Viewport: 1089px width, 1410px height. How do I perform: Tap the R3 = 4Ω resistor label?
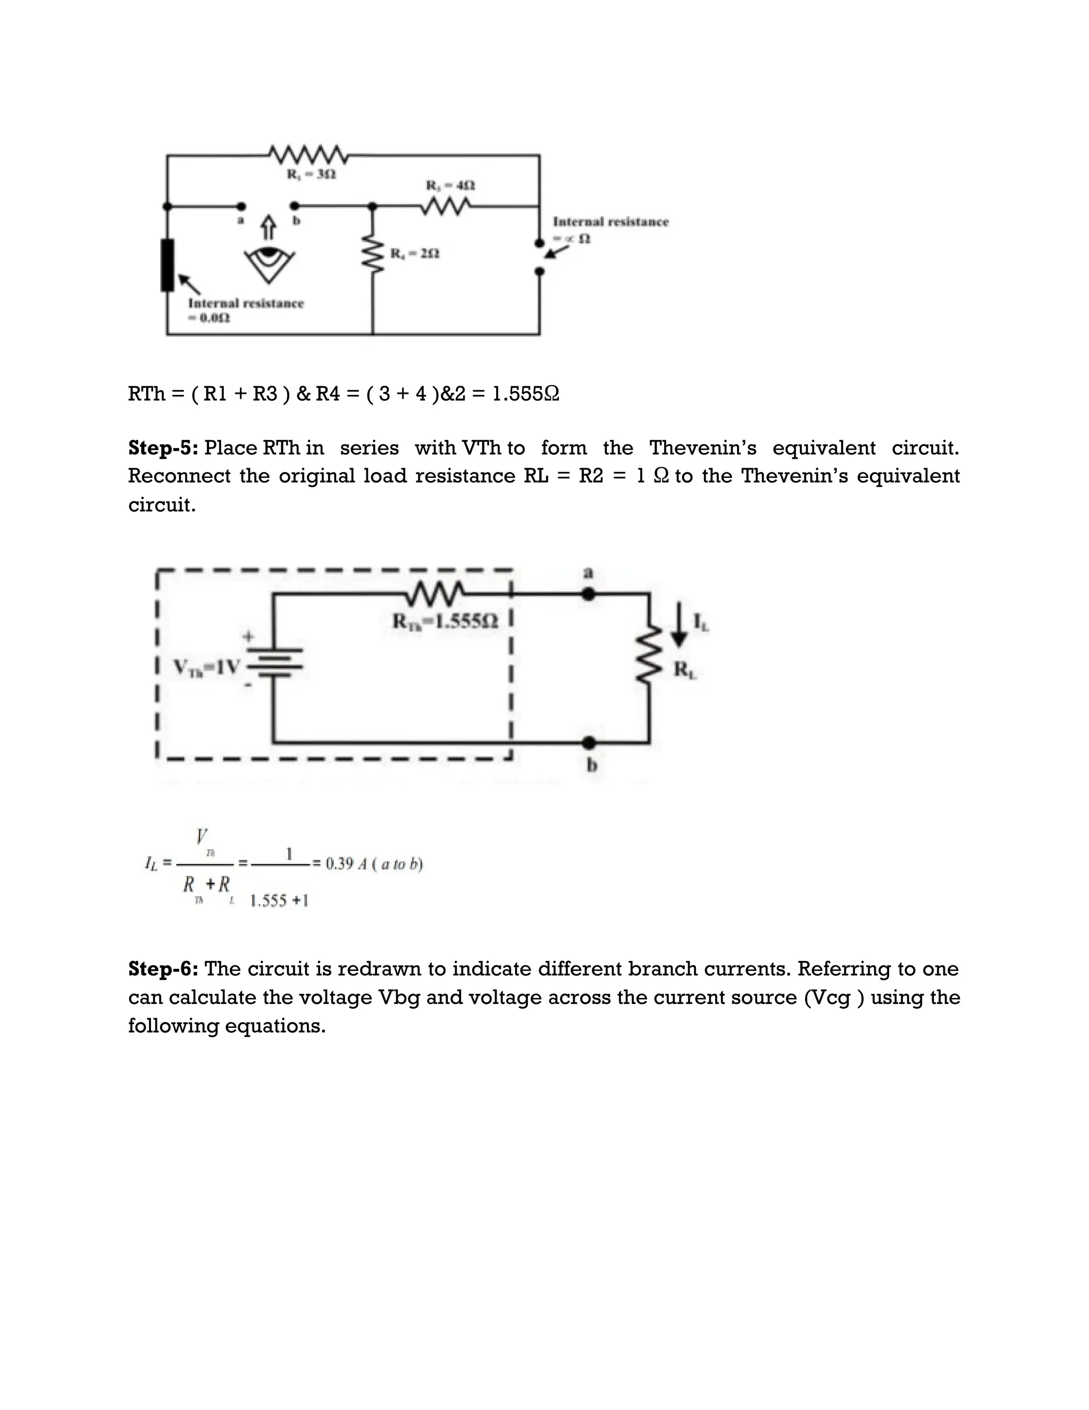pyautogui.click(x=450, y=185)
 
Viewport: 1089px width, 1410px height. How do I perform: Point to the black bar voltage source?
pyautogui.click(x=167, y=264)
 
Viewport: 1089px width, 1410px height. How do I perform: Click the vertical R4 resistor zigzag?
pyautogui.click(x=373, y=254)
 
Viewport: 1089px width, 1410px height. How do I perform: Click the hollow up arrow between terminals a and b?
pyautogui.click(x=269, y=227)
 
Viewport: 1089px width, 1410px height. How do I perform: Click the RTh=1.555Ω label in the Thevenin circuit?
pyautogui.click(x=445, y=621)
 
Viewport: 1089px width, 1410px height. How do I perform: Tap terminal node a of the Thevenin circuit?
pyautogui.click(x=589, y=593)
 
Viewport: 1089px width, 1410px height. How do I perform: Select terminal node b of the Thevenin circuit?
pyautogui.click(x=589, y=743)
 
